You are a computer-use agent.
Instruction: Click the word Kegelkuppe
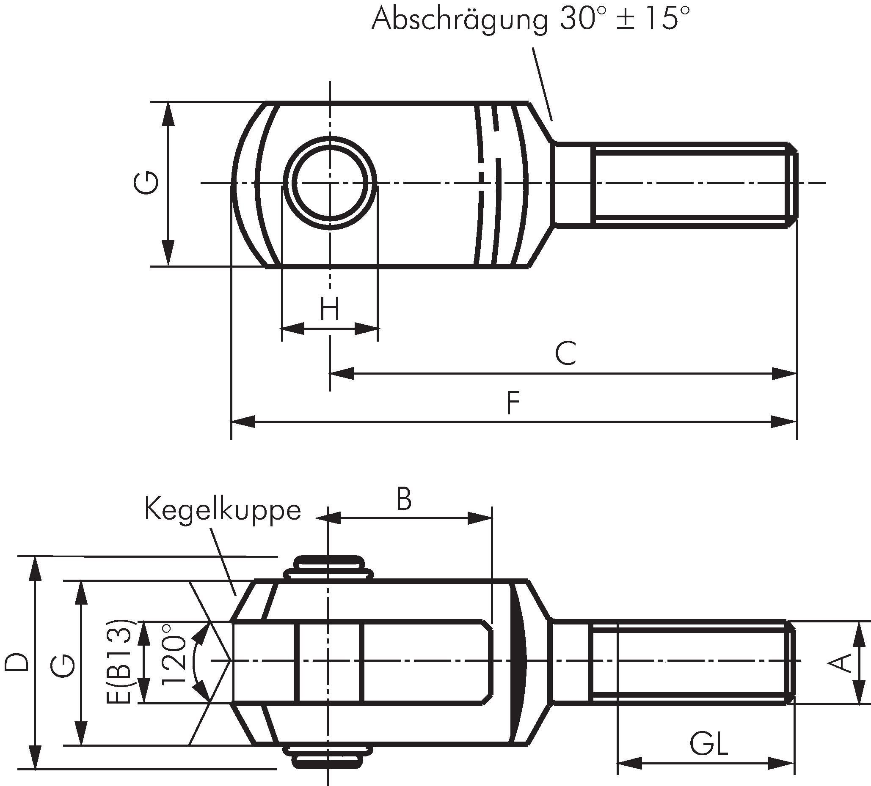coord(223,510)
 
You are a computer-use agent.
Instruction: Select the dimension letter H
coord(330,309)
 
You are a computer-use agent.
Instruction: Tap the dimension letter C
coord(565,353)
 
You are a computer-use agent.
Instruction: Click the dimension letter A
coord(841,663)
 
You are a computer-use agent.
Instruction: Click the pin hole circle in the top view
coord(330,183)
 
